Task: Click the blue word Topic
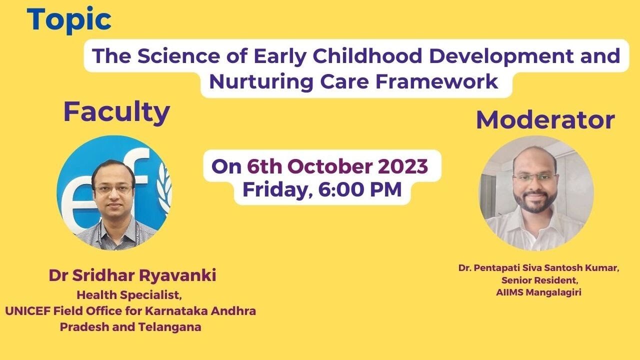pyautogui.click(x=69, y=20)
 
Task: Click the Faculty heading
pyautogui.click(x=116, y=112)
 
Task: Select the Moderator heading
pyautogui.click(x=545, y=120)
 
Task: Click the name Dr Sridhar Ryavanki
pyautogui.click(x=132, y=275)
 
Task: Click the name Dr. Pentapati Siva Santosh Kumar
pyautogui.click(x=538, y=268)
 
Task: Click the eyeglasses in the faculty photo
pyautogui.click(x=113, y=189)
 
